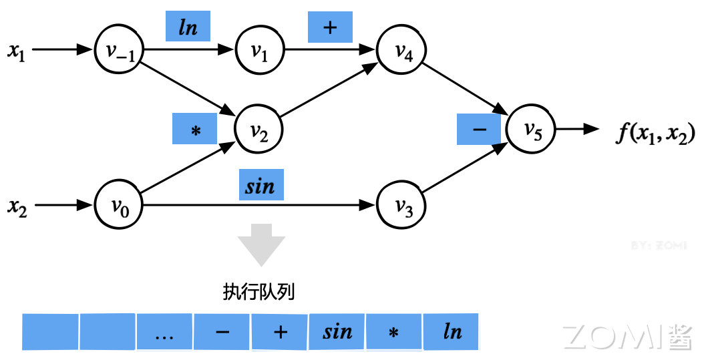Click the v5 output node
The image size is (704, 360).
tap(532, 129)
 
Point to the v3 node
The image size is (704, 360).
tap(402, 204)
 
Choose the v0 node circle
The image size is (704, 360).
tap(120, 204)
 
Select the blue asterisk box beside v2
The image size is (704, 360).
tap(195, 128)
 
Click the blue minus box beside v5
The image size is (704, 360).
tap(479, 128)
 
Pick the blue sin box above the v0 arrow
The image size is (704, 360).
tap(260, 185)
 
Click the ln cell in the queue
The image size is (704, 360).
tap(452, 332)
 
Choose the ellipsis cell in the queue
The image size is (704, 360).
tap(164, 332)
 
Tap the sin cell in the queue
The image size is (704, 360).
tap(337, 332)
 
